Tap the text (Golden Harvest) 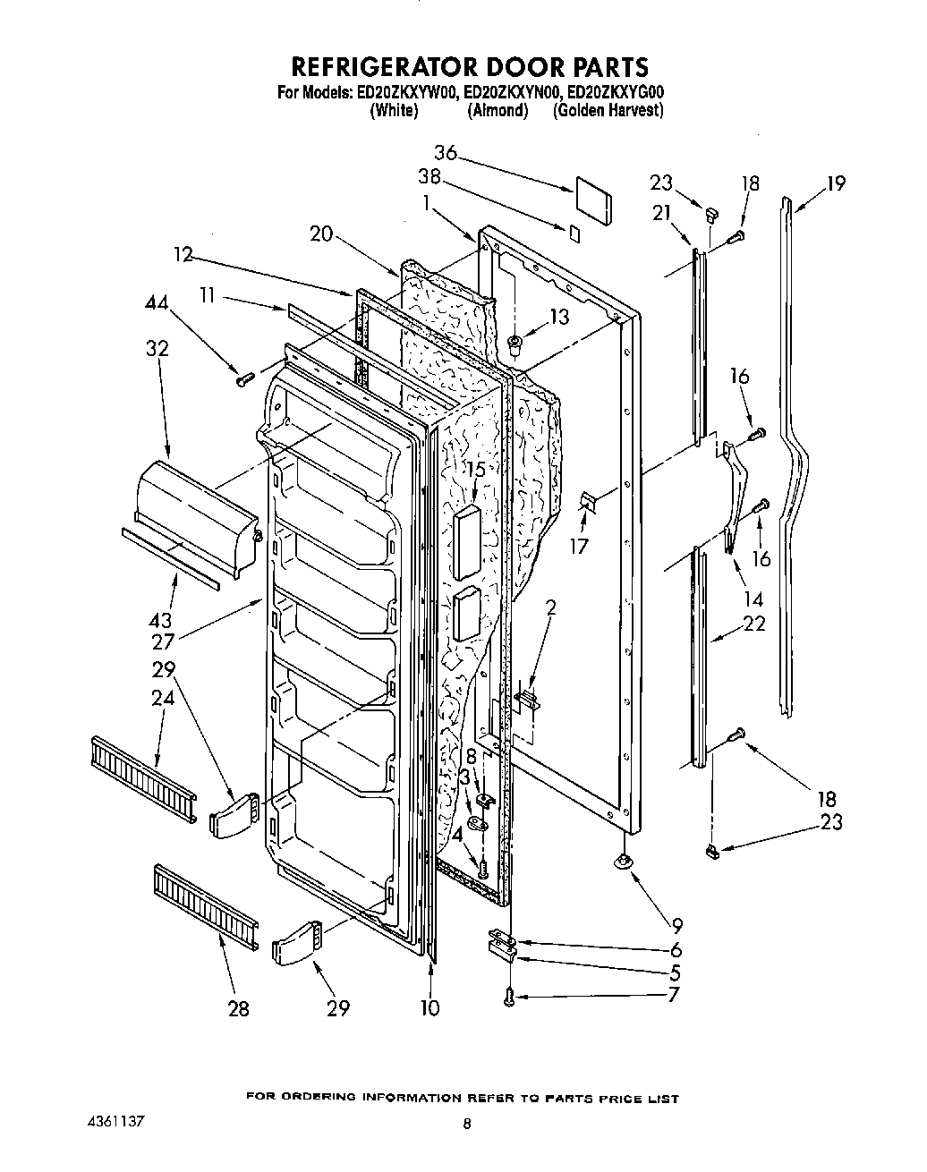[x=608, y=110]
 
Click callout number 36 [x=446, y=153]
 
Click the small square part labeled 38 [x=574, y=233]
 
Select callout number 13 [x=558, y=316]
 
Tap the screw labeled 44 [x=242, y=379]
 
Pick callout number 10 [x=429, y=1008]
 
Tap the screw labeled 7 [x=508, y=996]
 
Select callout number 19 [x=835, y=184]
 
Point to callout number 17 [x=579, y=545]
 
